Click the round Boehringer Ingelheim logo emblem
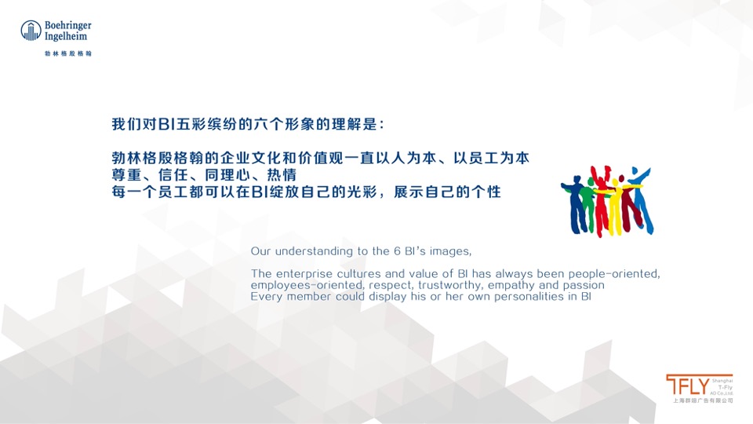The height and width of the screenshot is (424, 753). click(x=31, y=31)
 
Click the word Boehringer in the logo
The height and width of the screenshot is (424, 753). click(x=68, y=25)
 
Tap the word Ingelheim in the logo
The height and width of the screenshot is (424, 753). click(x=67, y=36)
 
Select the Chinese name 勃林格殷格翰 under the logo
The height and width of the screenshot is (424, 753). click(x=68, y=53)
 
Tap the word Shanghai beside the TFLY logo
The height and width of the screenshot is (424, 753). click(x=722, y=378)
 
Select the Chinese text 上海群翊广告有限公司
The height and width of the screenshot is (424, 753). click(x=703, y=400)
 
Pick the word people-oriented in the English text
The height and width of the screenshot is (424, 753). click(x=615, y=273)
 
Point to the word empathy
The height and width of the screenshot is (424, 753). click(x=515, y=285)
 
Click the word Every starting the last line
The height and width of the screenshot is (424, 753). click(x=267, y=297)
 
